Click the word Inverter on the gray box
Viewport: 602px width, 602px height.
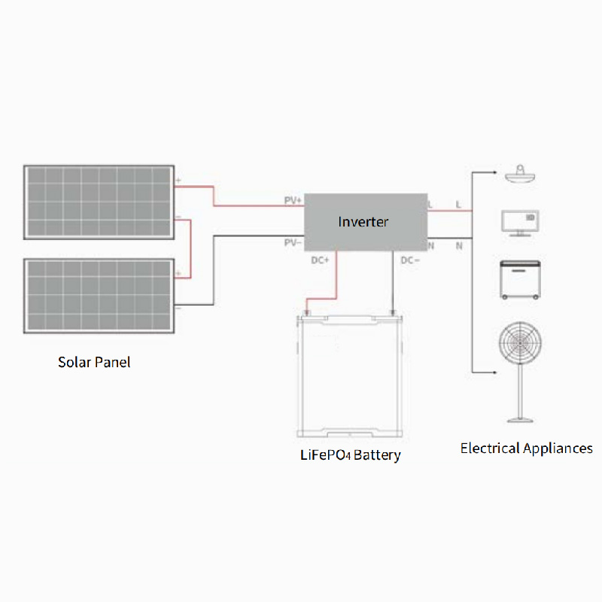[363, 221]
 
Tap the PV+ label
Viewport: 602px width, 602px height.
[292, 201]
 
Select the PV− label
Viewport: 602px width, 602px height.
[292, 242]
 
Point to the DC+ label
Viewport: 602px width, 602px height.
[321, 260]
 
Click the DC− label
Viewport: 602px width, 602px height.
[409, 260]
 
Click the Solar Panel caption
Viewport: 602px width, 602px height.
[94, 362]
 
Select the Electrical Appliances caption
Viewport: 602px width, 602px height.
[526, 448]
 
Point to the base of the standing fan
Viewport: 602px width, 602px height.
[518, 420]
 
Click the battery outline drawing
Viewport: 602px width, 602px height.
[351, 376]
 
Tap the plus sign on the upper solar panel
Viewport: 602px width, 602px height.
[178, 181]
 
